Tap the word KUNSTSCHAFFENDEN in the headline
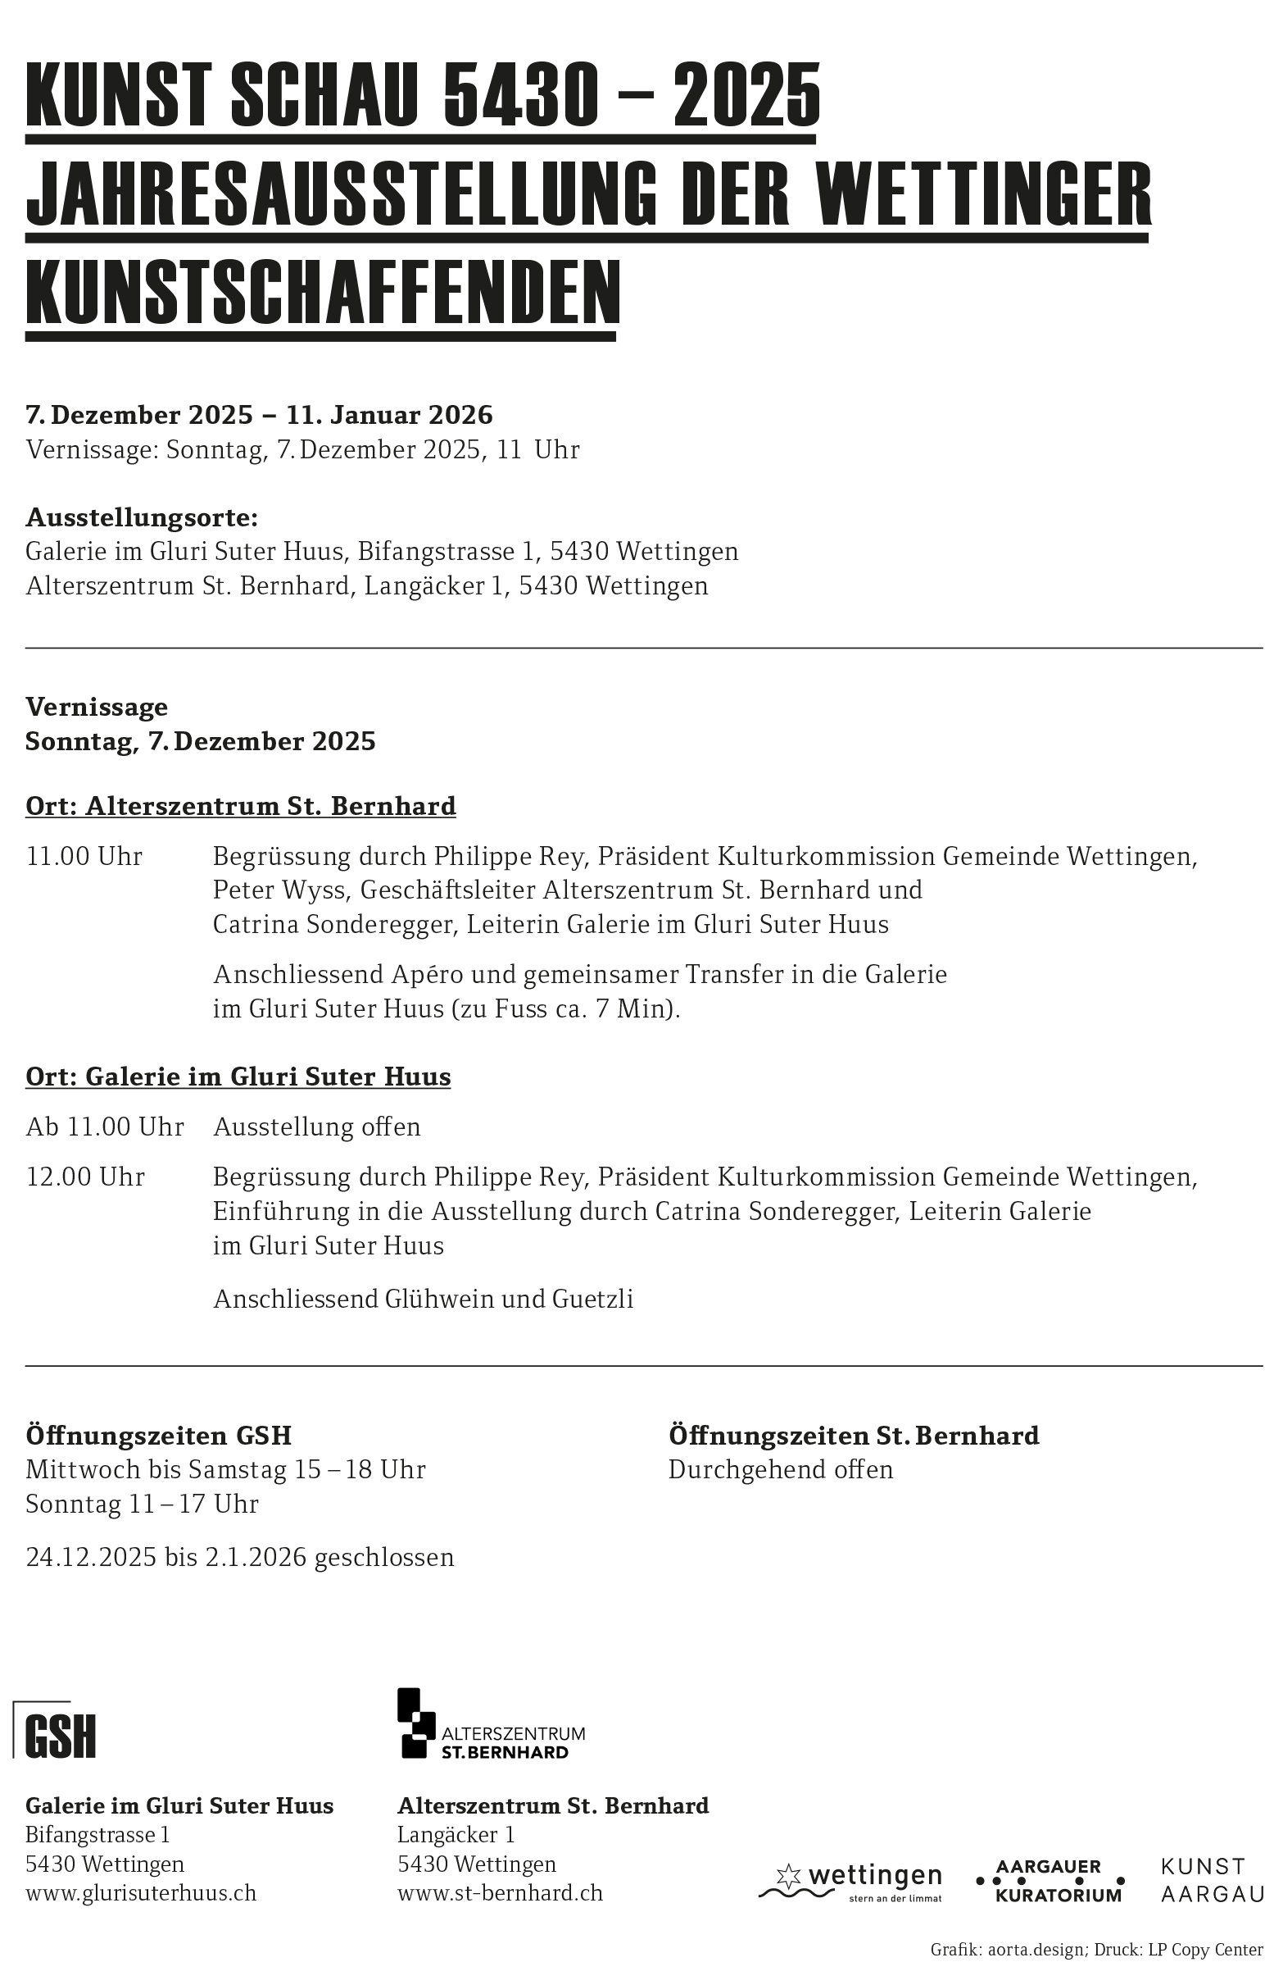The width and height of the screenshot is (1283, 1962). pos(322,293)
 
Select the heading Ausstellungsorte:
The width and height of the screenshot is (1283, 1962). pos(142,517)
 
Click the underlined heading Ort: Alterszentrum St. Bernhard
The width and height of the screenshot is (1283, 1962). pos(241,805)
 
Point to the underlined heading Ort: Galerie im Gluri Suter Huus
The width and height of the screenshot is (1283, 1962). pos(238,1077)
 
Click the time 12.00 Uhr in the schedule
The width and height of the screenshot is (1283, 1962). pos(85,1177)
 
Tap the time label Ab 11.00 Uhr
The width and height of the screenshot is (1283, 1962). pos(105,1126)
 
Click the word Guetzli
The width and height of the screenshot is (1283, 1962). pos(592,1299)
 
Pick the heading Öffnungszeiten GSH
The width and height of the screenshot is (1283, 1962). pos(159,1436)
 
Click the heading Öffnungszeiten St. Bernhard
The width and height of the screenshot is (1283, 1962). pos(854,1436)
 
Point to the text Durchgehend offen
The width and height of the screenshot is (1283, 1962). pos(780,1469)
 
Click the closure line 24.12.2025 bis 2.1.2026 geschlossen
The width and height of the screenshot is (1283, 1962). pos(240,1557)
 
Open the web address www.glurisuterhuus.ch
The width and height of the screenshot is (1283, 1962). pos(141,1893)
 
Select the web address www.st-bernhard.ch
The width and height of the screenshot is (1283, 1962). pos(501,1893)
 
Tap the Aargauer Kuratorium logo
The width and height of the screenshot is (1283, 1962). pos(1049,1881)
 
